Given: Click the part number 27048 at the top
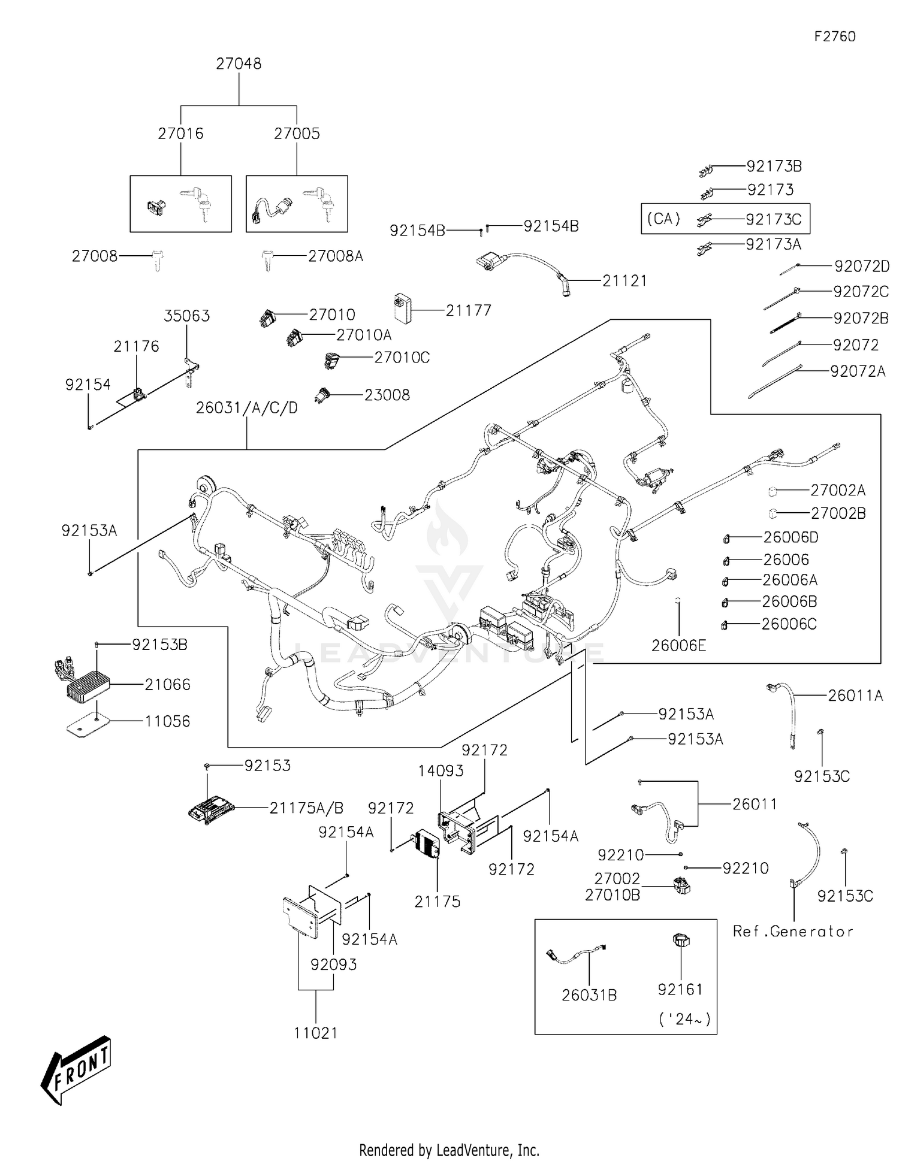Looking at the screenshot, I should [x=239, y=64].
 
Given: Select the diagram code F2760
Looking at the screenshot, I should [x=834, y=37].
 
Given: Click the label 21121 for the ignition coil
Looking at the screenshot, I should [x=625, y=280].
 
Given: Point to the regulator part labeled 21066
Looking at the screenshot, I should [x=88, y=684].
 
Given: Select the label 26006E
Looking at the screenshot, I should [x=678, y=645].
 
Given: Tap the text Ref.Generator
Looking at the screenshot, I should [x=793, y=931].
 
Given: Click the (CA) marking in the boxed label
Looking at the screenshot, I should [x=663, y=219].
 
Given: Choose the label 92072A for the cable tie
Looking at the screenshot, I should [x=857, y=371].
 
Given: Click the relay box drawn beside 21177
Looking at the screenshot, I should [x=402, y=308].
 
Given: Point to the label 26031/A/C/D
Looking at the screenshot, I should [x=246, y=408].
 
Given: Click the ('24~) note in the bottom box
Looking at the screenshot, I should [x=684, y=1018].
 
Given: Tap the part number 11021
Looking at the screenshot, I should [x=315, y=1033].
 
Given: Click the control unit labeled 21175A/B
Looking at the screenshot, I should [x=210, y=810].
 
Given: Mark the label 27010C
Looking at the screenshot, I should [x=402, y=358].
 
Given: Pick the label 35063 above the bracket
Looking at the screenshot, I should [x=186, y=316].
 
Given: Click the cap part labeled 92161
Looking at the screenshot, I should [x=681, y=940].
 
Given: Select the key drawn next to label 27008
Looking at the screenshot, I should [x=157, y=261].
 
